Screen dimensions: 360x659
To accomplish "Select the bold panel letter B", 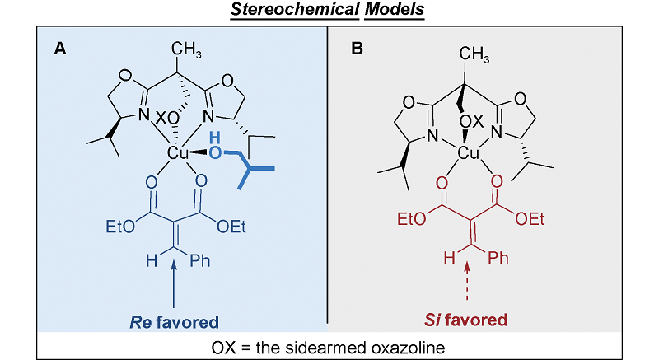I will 357,49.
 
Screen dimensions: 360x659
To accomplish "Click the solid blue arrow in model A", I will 175,284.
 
